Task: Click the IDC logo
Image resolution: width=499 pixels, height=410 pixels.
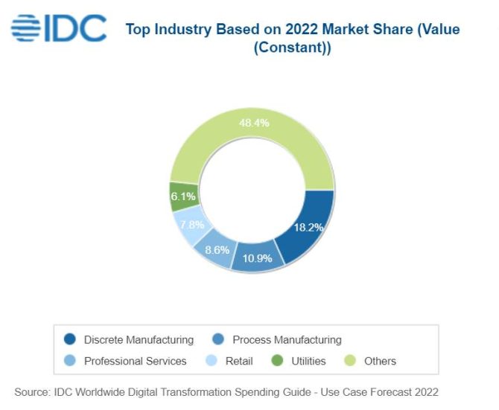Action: point(58,29)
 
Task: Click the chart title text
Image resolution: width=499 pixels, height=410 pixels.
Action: point(292,39)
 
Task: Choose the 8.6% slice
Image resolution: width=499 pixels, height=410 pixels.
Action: point(217,250)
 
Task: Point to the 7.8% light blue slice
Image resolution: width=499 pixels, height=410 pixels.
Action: point(189,225)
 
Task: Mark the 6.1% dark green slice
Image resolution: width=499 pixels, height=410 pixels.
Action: point(183,196)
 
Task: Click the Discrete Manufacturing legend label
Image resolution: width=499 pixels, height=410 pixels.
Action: point(139,339)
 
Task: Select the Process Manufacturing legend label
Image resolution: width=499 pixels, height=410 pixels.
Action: point(287,339)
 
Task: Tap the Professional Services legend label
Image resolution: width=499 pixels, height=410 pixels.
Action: point(135,361)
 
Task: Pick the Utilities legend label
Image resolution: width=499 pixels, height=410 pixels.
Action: point(308,361)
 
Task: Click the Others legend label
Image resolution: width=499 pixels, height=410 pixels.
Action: point(380,361)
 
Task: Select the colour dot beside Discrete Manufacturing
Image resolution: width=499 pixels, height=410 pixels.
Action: point(70,339)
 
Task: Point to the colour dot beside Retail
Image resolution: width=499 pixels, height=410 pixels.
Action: point(211,361)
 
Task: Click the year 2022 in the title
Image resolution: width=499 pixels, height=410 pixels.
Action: point(293,30)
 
